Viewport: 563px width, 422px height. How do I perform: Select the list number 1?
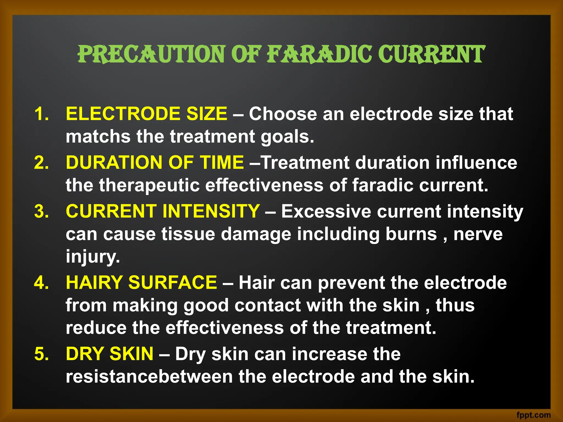click(41, 114)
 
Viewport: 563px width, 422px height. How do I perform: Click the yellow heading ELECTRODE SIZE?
click(147, 114)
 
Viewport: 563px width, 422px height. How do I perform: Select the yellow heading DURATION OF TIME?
click(155, 162)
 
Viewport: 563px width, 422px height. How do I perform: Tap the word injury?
click(93, 257)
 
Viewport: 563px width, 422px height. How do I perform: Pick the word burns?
click(411, 234)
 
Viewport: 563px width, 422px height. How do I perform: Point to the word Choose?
click(283, 114)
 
